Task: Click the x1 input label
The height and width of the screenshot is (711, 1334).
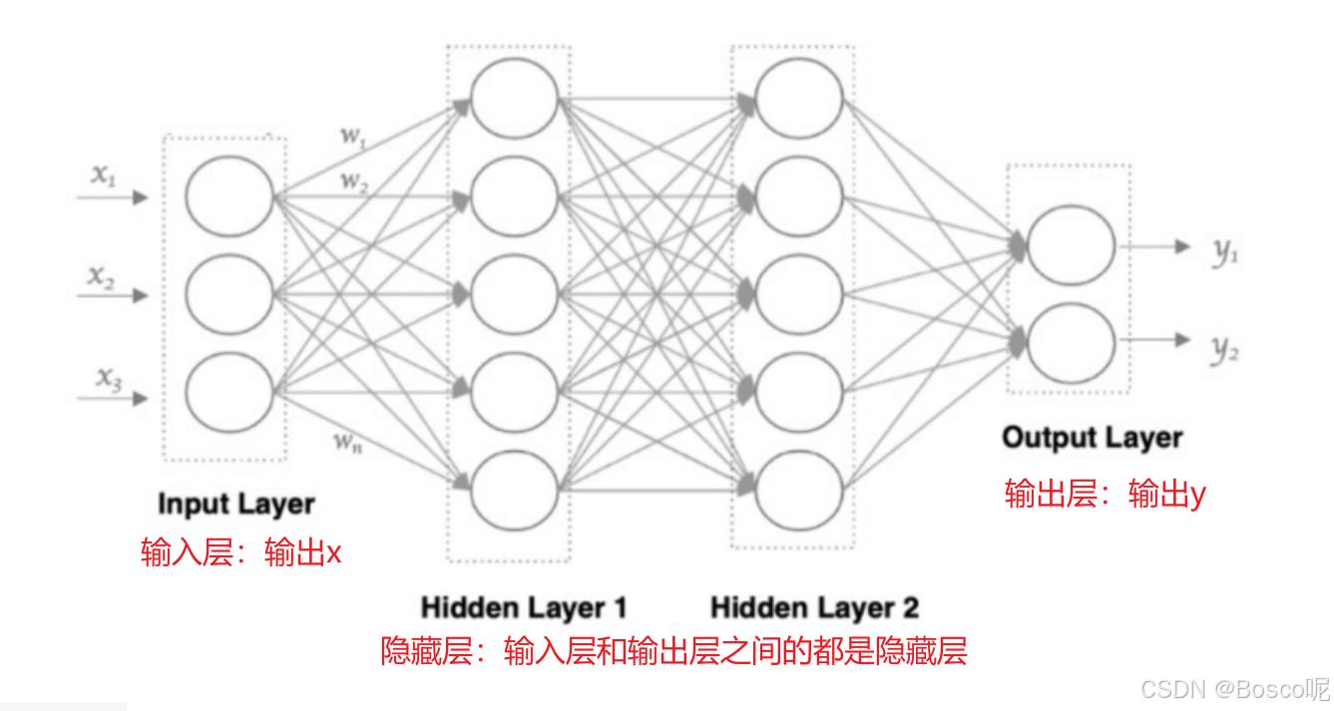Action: pos(105,176)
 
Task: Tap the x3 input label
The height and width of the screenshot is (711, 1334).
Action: pos(109,378)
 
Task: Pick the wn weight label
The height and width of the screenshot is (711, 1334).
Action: pos(346,442)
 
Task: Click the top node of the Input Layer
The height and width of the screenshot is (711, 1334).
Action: pos(229,195)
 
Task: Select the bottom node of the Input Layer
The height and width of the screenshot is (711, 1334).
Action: pos(229,391)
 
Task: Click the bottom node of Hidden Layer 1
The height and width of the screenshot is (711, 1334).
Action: pos(515,490)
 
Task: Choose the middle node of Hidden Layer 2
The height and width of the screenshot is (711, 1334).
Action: pos(799,294)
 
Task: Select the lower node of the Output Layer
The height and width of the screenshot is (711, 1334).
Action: pos(1071,343)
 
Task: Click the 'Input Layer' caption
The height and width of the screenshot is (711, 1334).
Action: pos(235,505)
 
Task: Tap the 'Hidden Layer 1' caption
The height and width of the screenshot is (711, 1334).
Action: pos(524,607)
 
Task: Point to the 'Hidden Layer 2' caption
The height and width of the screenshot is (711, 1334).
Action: pos(814,607)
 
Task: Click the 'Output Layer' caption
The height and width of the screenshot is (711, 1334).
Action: pos(1092,438)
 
